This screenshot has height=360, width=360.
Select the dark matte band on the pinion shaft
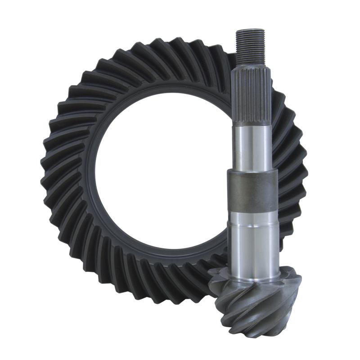click(252, 191)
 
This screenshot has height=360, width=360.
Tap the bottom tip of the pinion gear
click(265, 335)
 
